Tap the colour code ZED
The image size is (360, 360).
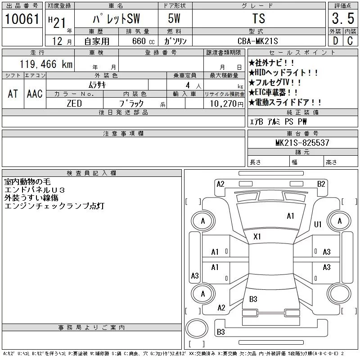point(74,103)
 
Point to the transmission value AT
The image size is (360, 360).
point(13,94)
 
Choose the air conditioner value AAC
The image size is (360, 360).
point(35,94)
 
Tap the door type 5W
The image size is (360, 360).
point(174,19)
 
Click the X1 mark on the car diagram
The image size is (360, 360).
point(257,236)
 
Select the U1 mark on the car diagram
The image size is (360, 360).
point(318,224)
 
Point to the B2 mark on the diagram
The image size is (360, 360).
point(321,184)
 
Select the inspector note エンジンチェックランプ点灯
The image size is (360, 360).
point(54,206)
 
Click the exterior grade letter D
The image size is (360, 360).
point(335,40)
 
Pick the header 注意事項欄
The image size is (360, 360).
point(123,134)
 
